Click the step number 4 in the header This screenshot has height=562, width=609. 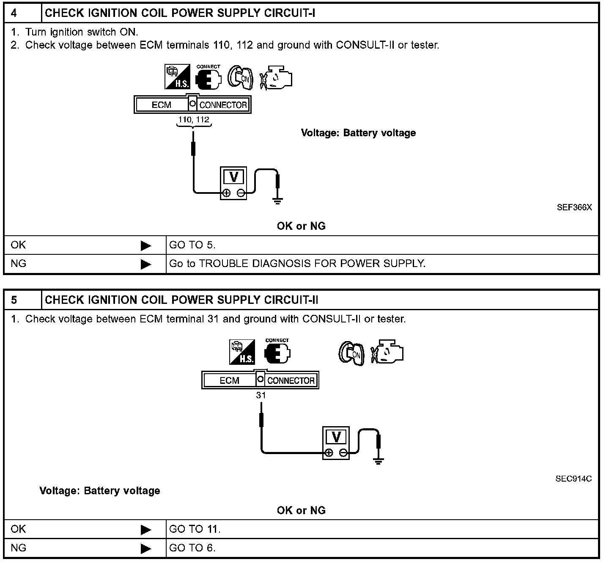coord(14,13)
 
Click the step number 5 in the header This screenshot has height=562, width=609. coord(14,300)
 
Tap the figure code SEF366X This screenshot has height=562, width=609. coord(574,207)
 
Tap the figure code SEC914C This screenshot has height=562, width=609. coord(573,479)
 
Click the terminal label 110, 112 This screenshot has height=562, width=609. coord(194,120)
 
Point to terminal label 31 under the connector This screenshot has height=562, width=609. coord(261,395)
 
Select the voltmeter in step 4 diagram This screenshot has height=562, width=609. coord(233,183)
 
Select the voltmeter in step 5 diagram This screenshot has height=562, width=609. coord(336,443)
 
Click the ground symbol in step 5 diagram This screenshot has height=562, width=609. coord(379,460)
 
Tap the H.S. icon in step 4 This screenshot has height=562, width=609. coord(177,77)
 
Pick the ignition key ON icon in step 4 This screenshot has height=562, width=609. coord(240,77)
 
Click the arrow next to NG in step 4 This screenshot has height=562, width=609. coord(146,264)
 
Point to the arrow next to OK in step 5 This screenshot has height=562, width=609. coord(146,529)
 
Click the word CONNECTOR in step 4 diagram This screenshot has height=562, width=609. coord(223,105)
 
